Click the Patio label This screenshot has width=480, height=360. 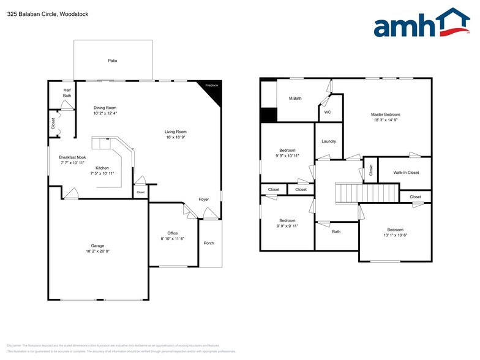pos(113,61)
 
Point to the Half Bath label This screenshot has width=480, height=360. pos(67,93)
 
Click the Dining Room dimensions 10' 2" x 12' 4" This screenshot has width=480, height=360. pos(105,113)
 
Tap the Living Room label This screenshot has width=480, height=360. pos(175,132)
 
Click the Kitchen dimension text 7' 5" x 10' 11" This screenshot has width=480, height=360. pos(102,173)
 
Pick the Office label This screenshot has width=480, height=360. pos(173,233)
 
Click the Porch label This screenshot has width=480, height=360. pos(209,243)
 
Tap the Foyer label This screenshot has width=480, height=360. pos(203,199)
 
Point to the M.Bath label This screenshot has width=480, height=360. pos(295,99)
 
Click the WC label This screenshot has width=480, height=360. pos(327,112)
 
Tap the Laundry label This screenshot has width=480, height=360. pos(329,141)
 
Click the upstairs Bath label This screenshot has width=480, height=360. pos(336,231)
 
